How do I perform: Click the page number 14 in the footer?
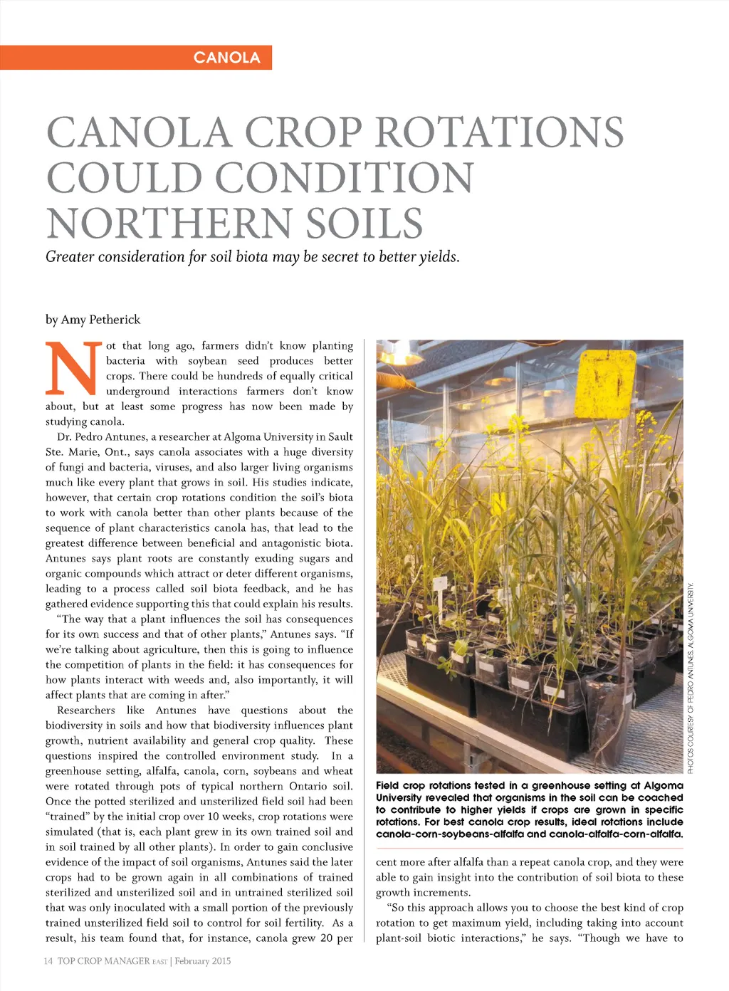point(48,961)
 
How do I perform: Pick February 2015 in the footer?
point(203,961)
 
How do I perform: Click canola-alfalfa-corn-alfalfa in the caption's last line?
point(615,834)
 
